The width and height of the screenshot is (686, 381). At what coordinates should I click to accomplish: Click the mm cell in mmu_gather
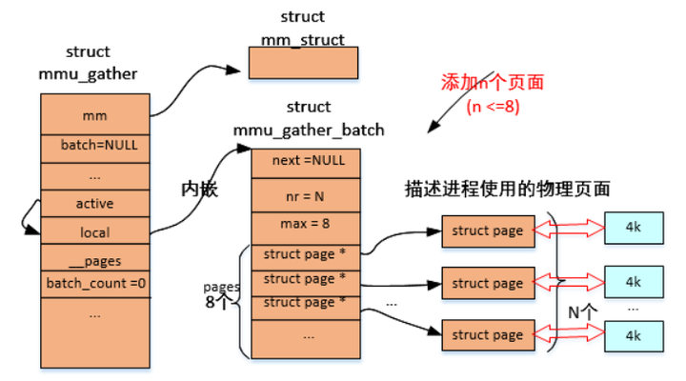94,115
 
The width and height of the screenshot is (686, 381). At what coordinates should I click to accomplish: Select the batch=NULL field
94,148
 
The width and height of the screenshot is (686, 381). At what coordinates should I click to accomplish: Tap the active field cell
94,203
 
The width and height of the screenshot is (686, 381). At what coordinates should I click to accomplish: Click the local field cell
94,231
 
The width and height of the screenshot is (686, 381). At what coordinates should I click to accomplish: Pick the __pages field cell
94,259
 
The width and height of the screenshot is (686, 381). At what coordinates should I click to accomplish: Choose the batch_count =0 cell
94,283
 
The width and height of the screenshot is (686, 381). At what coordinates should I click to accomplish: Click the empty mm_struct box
303,62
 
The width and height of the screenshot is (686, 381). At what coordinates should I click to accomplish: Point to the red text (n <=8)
493,106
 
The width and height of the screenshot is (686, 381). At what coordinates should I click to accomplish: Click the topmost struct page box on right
487,231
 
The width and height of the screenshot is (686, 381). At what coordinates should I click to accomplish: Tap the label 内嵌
199,190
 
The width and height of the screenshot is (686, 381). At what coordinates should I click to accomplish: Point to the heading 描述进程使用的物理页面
507,190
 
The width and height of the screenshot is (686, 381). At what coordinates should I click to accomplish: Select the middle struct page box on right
487,283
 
